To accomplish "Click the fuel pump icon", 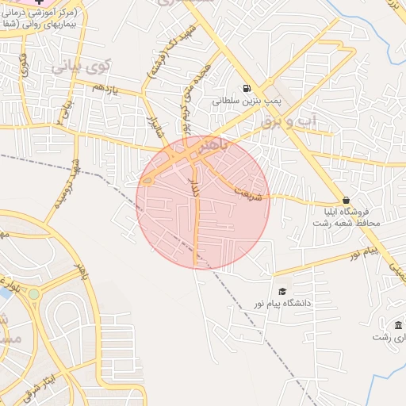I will pyautogui.click(x=247, y=89).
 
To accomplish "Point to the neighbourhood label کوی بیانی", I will pyautogui.click(x=81, y=67).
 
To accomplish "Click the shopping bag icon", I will pyautogui.click(x=345, y=200).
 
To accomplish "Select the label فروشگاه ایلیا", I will pyautogui.click(x=345, y=213).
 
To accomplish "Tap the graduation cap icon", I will pyautogui.click(x=281, y=292).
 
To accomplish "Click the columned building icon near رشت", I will pyautogui.click(x=397, y=326).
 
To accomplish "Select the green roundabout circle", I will pyautogui.click(x=33, y=293).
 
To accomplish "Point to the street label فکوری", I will pyautogui.click(x=23, y=64).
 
